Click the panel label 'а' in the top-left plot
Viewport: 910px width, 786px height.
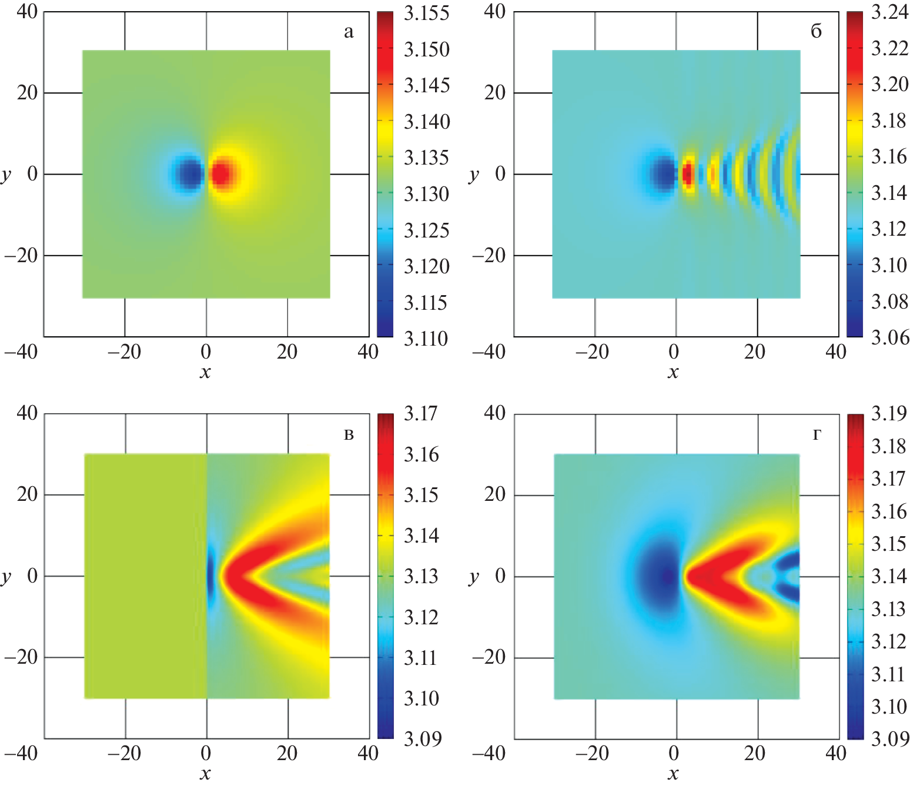click(349, 32)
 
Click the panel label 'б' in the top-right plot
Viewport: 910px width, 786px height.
click(816, 31)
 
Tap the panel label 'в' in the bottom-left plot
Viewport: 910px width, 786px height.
click(349, 435)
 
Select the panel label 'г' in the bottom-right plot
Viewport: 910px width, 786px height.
click(817, 435)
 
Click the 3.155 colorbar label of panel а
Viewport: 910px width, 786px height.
click(426, 13)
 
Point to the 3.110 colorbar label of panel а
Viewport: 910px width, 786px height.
click(426, 339)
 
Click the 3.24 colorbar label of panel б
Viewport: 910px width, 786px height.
click(889, 12)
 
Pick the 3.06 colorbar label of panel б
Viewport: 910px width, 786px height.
click(889, 337)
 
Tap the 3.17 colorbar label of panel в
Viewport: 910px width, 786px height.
click(421, 413)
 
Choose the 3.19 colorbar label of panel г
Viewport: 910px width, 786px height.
click(889, 413)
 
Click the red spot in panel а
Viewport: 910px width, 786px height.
click(222, 174)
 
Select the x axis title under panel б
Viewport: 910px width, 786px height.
click(673, 372)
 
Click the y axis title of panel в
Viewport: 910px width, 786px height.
click(6, 576)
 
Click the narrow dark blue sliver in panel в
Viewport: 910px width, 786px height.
click(210, 576)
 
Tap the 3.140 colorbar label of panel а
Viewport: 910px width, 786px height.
click(426, 122)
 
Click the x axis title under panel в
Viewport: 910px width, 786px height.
click(205, 773)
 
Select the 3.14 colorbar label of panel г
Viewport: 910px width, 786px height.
click(889, 576)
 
